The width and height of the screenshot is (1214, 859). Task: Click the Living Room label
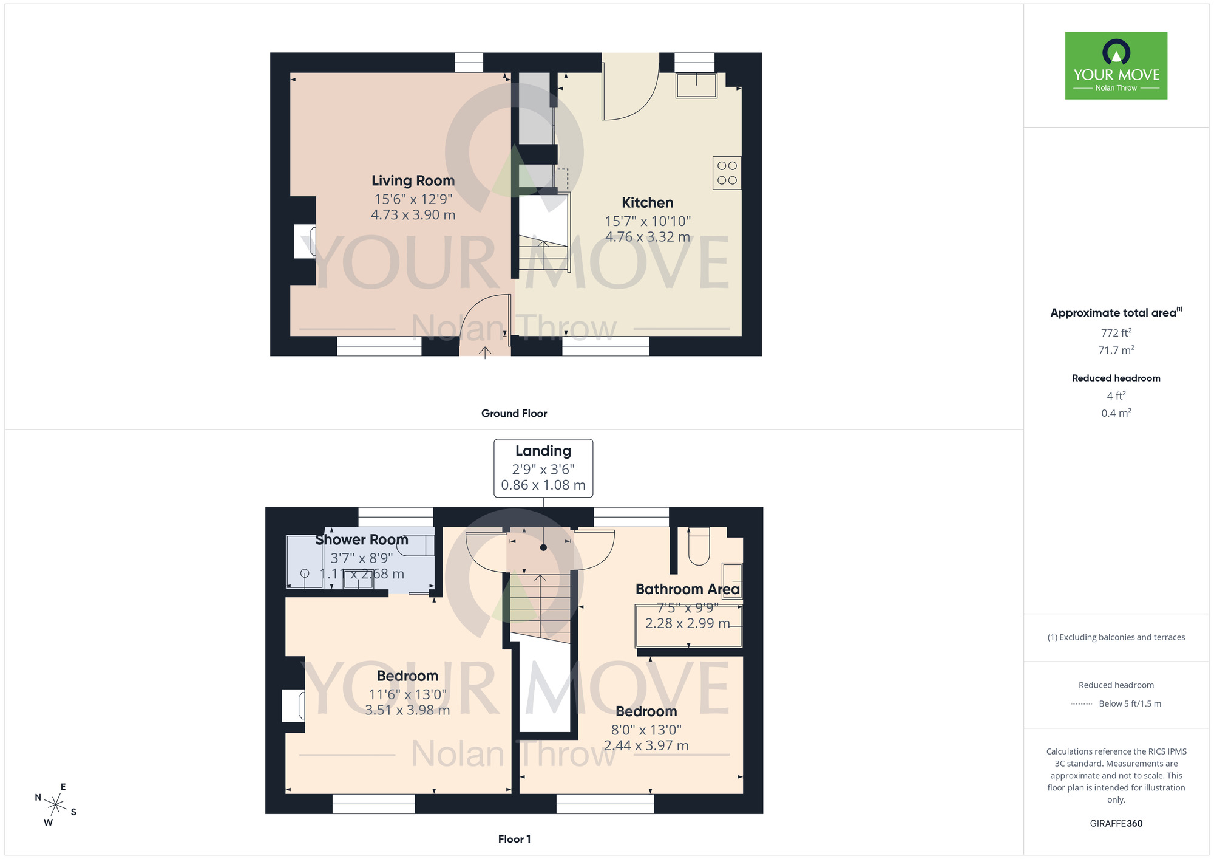click(413, 180)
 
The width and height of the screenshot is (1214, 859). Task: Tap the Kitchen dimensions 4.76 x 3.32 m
click(647, 237)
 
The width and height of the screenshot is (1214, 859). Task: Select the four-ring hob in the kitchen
click(727, 173)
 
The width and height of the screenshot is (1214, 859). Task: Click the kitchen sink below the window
click(696, 86)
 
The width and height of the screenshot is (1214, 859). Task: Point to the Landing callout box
click(543, 468)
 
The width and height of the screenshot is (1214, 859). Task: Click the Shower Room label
click(362, 539)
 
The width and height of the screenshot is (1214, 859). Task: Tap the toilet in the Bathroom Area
click(699, 546)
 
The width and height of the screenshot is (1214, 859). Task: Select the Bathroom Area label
click(687, 589)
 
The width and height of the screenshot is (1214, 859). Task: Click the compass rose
click(55, 805)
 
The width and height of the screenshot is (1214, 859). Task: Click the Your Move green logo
click(1116, 66)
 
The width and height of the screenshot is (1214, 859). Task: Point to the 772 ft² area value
click(1116, 333)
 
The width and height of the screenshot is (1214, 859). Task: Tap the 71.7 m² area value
click(1116, 351)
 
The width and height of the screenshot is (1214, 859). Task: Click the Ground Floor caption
click(514, 413)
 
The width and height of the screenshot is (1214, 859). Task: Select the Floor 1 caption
click(514, 839)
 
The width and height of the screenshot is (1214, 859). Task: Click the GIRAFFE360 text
click(1116, 824)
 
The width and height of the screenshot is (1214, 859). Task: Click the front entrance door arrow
click(485, 352)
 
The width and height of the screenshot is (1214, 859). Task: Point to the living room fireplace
click(305, 241)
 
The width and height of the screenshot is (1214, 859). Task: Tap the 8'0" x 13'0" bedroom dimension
click(646, 730)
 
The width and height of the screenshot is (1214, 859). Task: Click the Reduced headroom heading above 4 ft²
click(1116, 378)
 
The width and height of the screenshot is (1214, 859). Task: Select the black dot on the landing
click(543, 547)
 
